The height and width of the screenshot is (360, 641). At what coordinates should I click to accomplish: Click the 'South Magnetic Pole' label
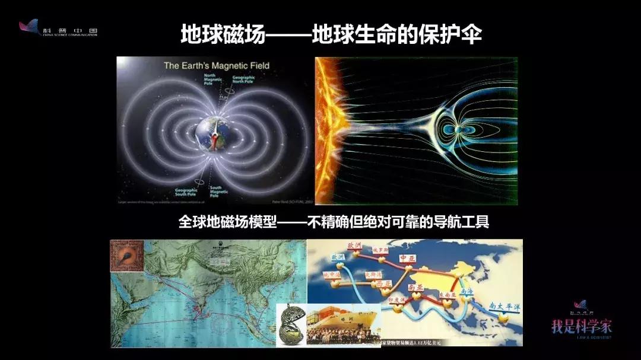point(219,190)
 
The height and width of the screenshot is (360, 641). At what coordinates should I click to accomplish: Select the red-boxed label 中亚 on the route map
point(405,259)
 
